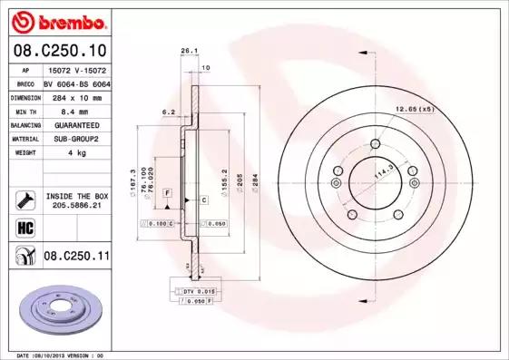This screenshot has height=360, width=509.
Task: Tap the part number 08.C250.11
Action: pyautogui.click(x=76, y=258)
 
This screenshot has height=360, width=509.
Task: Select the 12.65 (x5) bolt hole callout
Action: pyautogui.click(x=415, y=109)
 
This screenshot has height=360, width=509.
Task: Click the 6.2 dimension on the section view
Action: pyautogui.click(x=168, y=112)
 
